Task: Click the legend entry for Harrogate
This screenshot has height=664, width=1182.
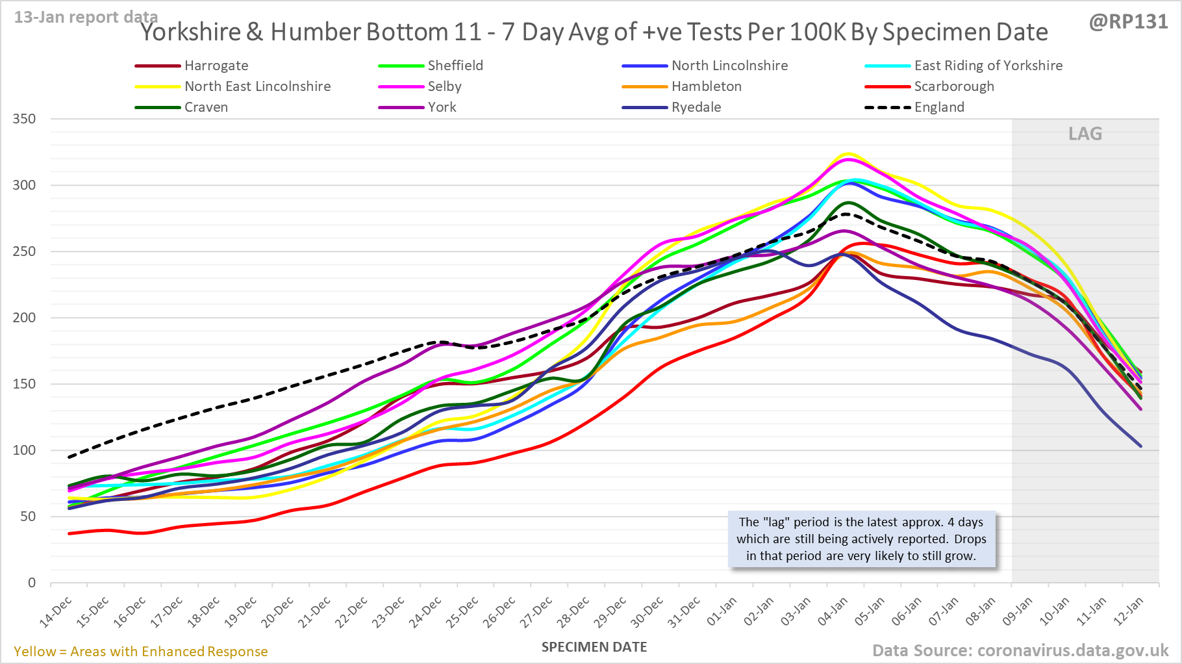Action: click(216, 66)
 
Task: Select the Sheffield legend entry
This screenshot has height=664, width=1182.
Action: click(455, 66)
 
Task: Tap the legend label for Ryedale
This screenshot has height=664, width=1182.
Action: click(696, 107)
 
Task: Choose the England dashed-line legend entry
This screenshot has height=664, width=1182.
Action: click(938, 107)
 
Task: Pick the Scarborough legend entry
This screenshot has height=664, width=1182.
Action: click(953, 86)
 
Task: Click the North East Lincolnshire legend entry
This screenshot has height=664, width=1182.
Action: click(257, 86)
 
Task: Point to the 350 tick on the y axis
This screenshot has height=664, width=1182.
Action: click(24, 119)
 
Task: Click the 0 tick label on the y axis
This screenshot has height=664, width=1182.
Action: click(32, 583)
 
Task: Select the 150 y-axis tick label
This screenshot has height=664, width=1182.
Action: click(24, 384)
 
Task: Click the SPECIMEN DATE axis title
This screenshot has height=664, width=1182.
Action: click(594, 647)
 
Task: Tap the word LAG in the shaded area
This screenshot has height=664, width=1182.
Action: click(1085, 134)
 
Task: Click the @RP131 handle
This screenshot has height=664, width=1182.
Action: click(1129, 21)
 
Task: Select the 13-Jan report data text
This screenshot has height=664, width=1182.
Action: click(86, 17)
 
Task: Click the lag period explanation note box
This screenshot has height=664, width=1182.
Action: click(861, 539)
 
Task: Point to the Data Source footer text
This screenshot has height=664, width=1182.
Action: click(1020, 650)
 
